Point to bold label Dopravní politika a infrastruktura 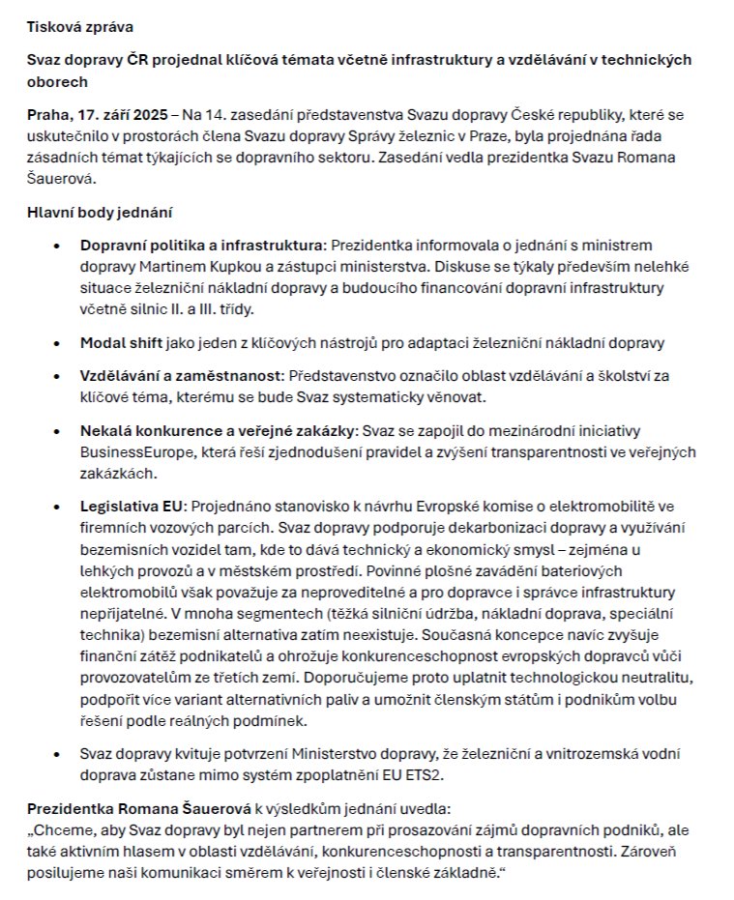tap(202, 246)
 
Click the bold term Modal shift tap(121, 342)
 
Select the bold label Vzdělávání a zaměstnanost tap(179, 374)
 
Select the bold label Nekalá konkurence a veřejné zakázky tap(219, 429)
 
